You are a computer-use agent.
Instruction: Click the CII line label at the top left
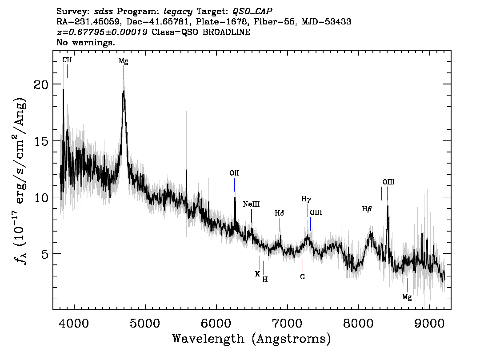tap(67, 60)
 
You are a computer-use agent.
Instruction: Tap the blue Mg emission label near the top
tap(124, 61)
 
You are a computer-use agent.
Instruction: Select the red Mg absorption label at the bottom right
tap(407, 296)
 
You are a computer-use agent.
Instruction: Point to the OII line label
tap(234, 173)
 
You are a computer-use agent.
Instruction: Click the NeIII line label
tap(251, 204)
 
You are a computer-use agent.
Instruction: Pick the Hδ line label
tap(279, 213)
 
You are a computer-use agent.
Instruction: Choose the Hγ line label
tap(306, 199)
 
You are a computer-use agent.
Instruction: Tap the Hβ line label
tap(367, 208)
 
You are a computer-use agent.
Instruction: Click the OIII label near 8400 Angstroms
tap(388, 182)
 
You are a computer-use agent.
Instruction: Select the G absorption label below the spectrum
tap(303, 276)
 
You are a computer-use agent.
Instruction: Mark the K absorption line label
tap(257, 274)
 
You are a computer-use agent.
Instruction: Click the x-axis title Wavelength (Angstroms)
tap(252, 339)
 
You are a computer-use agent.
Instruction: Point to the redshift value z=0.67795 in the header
tap(103, 32)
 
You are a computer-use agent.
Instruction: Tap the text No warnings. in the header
tap(86, 43)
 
